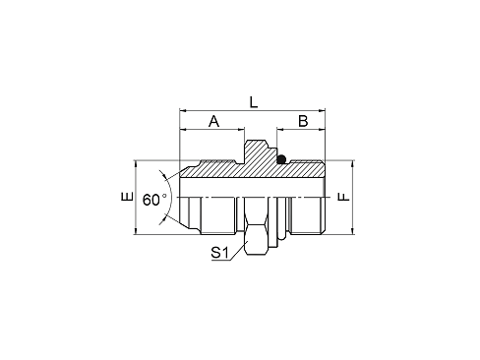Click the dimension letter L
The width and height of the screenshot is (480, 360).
(x=254, y=102)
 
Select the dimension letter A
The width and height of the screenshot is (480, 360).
(x=213, y=121)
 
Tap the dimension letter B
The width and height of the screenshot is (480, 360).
(x=303, y=121)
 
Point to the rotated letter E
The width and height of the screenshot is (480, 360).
(x=127, y=196)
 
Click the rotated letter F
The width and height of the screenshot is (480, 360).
(x=344, y=197)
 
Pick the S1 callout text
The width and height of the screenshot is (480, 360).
(x=219, y=253)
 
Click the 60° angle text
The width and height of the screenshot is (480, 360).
(x=154, y=200)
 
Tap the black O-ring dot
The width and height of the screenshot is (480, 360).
(x=281, y=159)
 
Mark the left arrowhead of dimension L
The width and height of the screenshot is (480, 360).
(x=183, y=111)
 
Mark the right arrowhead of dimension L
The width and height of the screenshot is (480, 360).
(x=322, y=111)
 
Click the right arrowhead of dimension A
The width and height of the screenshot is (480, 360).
(x=241, y=130)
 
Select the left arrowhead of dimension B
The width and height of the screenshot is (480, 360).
(x=280, y=130)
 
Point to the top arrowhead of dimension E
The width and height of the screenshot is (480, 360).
(x=136, y=164)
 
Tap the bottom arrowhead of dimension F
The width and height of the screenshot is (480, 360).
(x=353, y=231)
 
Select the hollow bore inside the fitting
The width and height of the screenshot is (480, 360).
(x=253, y=188)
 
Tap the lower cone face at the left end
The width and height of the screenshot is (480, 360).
(x=190, y=225)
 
